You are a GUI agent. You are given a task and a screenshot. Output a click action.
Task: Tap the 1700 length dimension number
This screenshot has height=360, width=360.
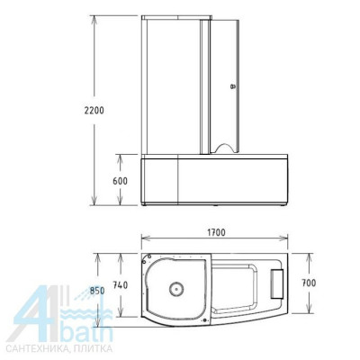point(214,232)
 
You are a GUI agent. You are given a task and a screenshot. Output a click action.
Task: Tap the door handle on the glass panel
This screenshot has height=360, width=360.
point(232,87)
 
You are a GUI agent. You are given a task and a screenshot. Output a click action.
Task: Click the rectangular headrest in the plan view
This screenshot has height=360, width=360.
point(276,284)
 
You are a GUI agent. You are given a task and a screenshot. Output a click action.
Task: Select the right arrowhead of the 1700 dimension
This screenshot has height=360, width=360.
point(291,241)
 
